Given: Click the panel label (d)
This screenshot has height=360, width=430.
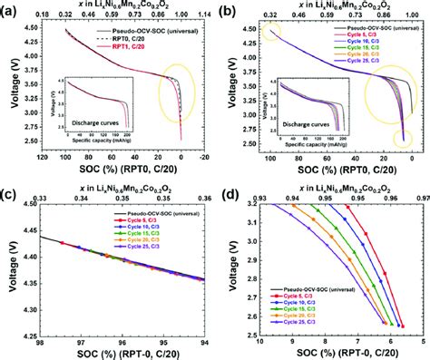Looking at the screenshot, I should click(x=230, y=192).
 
